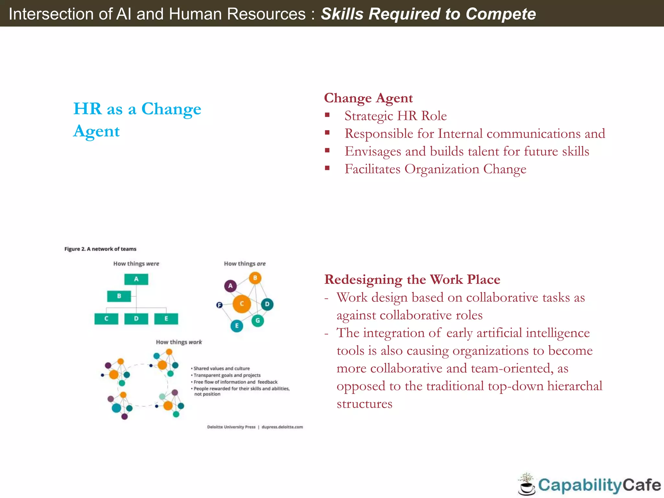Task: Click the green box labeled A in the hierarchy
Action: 136,279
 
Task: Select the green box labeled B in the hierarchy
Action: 119,296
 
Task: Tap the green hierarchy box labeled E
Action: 166,319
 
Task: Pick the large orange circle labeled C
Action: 242,304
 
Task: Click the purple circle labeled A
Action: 230,286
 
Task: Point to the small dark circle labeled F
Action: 219,305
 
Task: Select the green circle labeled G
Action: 258,321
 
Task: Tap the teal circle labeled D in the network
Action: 267,304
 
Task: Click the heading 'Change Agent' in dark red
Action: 368,98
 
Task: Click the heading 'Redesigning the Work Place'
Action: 412,279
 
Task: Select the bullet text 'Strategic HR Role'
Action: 396,116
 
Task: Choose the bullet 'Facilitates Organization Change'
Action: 435,169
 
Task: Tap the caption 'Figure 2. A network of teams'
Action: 100,249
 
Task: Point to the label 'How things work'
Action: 179,342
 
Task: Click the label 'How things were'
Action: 136,264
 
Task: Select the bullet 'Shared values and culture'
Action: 221,369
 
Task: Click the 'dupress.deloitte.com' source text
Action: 282,427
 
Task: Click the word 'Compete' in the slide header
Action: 501,14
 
